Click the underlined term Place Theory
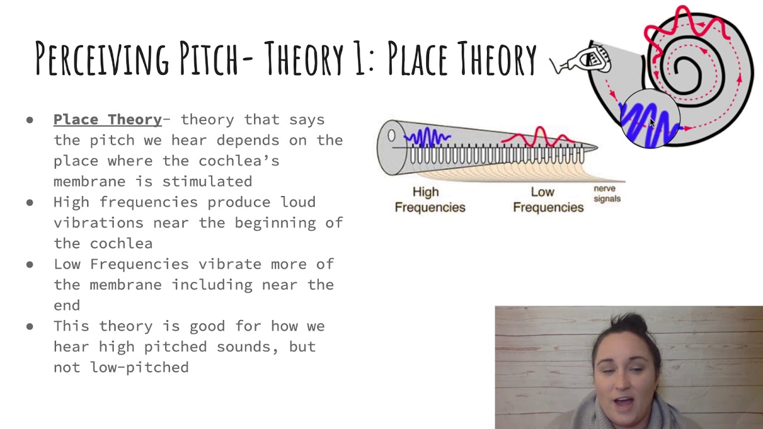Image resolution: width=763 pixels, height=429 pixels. click(107, 120)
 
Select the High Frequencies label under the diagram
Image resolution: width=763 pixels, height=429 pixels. click(429, 200)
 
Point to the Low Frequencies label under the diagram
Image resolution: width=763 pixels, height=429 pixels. click(548, 200)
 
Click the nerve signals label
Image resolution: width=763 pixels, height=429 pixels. click(607, 194)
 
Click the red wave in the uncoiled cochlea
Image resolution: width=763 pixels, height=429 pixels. click(539, 137)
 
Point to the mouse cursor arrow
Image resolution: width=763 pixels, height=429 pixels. click(652, 123)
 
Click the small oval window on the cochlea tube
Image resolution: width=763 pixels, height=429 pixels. click(391, 136)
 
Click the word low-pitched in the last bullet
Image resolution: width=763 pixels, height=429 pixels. click(139, 368)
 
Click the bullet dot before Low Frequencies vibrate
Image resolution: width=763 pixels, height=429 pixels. click(30, 265)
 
